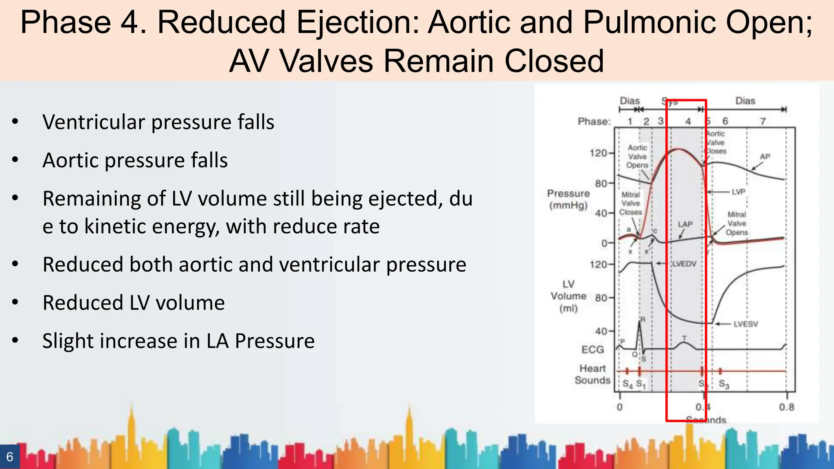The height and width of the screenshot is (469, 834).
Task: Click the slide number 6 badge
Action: (10, 457)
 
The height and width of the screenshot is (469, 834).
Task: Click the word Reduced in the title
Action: (222, 22)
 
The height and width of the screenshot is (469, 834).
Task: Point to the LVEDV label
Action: (684, 264)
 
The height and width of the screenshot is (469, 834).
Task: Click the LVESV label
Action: (746, 324)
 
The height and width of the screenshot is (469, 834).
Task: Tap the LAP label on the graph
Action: (685, 224)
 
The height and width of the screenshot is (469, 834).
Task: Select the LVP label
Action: (738, 192)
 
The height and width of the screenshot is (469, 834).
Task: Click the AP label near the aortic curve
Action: (765, 157)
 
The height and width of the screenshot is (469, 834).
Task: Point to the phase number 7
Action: (763, 121)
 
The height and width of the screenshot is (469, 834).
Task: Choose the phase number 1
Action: (630, 121)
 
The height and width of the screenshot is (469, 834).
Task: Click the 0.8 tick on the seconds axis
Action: (786, 407)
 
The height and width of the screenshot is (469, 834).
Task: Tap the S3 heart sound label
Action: (724, 384)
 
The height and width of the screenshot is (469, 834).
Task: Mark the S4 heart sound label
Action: (628, 384)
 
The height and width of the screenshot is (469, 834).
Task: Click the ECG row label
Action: (593, 349)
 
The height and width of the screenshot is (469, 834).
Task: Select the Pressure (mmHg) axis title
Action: (568, 199)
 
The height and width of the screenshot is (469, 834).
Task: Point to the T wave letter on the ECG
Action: (684, 338)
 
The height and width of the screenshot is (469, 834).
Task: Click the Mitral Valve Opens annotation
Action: (737, 224)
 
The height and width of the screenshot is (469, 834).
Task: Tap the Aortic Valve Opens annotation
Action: (637, 156)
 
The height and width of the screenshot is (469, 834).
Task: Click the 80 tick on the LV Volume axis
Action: (601, 298)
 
